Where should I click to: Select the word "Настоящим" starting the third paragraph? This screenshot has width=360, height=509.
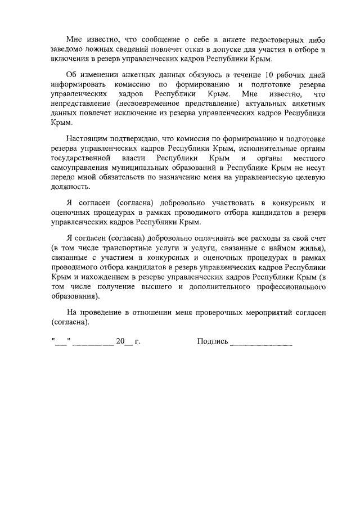85,138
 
